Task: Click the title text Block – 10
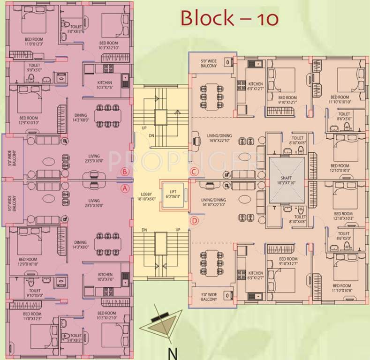[230, 18]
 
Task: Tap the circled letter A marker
[125, 189]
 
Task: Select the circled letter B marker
[125, 172]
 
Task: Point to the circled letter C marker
[194, 172]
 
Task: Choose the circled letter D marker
[194, 220]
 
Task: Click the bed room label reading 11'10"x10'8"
[342, 288]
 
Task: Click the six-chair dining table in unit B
[106, 115]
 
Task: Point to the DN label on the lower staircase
[144, 230]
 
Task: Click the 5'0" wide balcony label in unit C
[209, 63]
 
